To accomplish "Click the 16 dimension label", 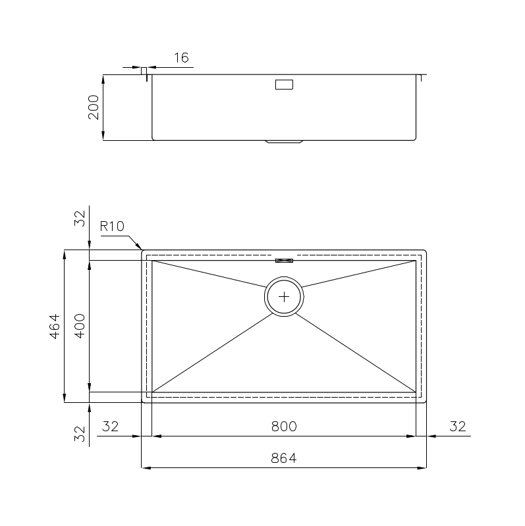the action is click(181, 58).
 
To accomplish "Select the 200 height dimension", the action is click(94, 107).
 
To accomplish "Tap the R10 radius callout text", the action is click(112, 226).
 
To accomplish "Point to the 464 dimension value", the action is click(55, 326).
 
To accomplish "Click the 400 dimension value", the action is click(80, 326).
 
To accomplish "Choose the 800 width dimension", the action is click(284, 427).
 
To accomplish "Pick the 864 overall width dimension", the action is click(284, 458).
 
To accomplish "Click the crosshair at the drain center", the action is click(284, 297).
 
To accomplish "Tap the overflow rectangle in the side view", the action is click(284, 84).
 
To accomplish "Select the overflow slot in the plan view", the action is click(284, 261).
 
